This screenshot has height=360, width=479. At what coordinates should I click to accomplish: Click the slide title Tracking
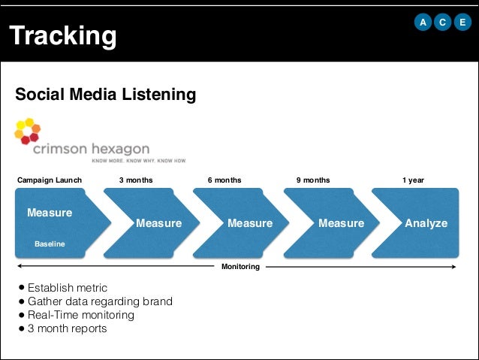[63, 35]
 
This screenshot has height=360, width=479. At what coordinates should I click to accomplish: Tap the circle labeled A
[423, 23]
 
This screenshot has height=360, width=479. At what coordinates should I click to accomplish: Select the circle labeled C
[441, 23]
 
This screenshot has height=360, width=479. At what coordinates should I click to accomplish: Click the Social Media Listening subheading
[106, 95]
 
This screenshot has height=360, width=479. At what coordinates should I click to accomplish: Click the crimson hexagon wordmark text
[91, 148]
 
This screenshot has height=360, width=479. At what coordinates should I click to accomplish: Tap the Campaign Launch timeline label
[50, 180]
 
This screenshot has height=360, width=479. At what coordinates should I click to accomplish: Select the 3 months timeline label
[136, 180]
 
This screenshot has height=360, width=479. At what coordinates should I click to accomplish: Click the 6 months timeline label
[224, 180]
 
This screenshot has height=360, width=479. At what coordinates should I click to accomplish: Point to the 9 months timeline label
[313, 180]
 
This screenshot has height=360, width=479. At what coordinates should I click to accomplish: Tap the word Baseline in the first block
[50, 244]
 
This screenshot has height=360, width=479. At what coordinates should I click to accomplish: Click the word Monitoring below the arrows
[240, 267]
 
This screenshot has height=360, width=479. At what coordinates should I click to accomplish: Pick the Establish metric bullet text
[68, 288]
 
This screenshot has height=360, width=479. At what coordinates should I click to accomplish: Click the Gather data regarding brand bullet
[100, 301]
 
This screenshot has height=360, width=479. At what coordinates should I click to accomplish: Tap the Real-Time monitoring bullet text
[81, 315]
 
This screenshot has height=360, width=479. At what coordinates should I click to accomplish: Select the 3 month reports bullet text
[67, 328]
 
